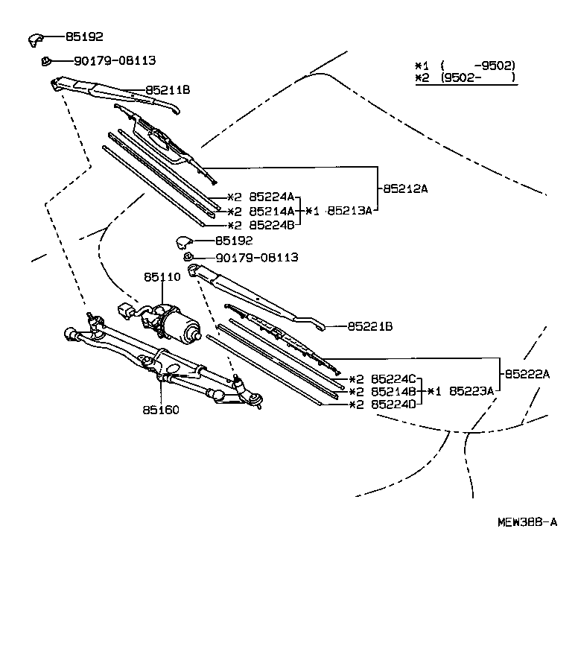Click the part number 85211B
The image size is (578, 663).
(x=168, y=90)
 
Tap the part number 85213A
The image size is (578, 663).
(x=349, y=211)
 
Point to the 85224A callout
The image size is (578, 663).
(x=272, y=197)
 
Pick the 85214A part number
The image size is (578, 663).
(x=272, y=211)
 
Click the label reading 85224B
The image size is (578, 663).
(x=272, y=225)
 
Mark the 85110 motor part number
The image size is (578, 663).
(x=162, y=276)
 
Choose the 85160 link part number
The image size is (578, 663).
(x=161, y=410)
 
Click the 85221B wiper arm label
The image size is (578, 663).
(x=370, y=326)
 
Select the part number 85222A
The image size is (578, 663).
(x=527, y=374)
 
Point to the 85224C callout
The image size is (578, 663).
(x=395, y=378)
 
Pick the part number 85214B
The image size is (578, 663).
(x=395, y=391)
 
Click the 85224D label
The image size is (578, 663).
(x=395, y=405)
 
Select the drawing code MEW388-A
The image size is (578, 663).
(x=527, y=522)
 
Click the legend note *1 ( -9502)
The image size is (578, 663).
(x=465, y=66)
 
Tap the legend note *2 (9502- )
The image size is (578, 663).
(x=465, y=77)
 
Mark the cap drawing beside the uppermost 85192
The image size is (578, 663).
(x=37, y=38)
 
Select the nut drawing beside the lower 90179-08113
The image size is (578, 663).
(x=188, y=258)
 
